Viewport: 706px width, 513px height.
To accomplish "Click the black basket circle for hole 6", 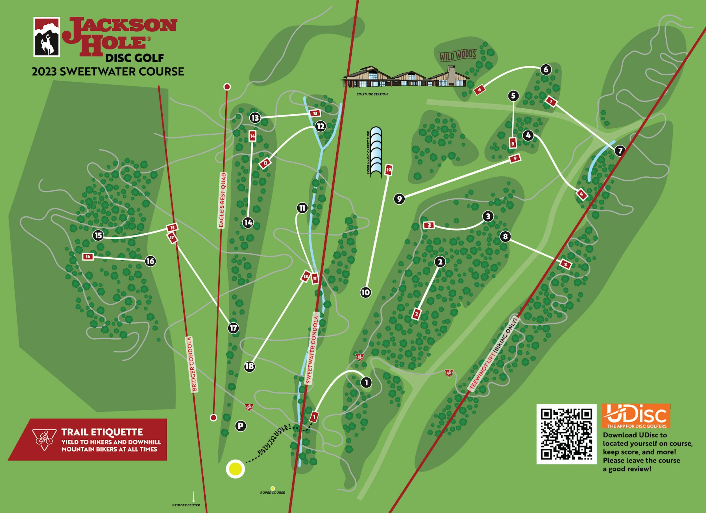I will [x=546, y=70].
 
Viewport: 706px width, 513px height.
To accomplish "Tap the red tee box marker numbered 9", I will [x=515, y=158].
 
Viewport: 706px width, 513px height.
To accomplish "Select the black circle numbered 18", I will [x=249, y=367].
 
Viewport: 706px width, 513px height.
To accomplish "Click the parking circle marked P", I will [x=240, y=426].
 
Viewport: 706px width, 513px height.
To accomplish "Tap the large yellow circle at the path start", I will [x=235, y=468].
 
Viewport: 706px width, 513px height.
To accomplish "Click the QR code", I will [x=566, y=434].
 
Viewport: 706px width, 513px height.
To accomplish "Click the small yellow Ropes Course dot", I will [x=273, y=488].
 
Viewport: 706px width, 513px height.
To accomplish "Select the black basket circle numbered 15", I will [x=98, y=235].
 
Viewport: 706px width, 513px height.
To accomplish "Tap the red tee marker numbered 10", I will [x=389, y=170].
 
